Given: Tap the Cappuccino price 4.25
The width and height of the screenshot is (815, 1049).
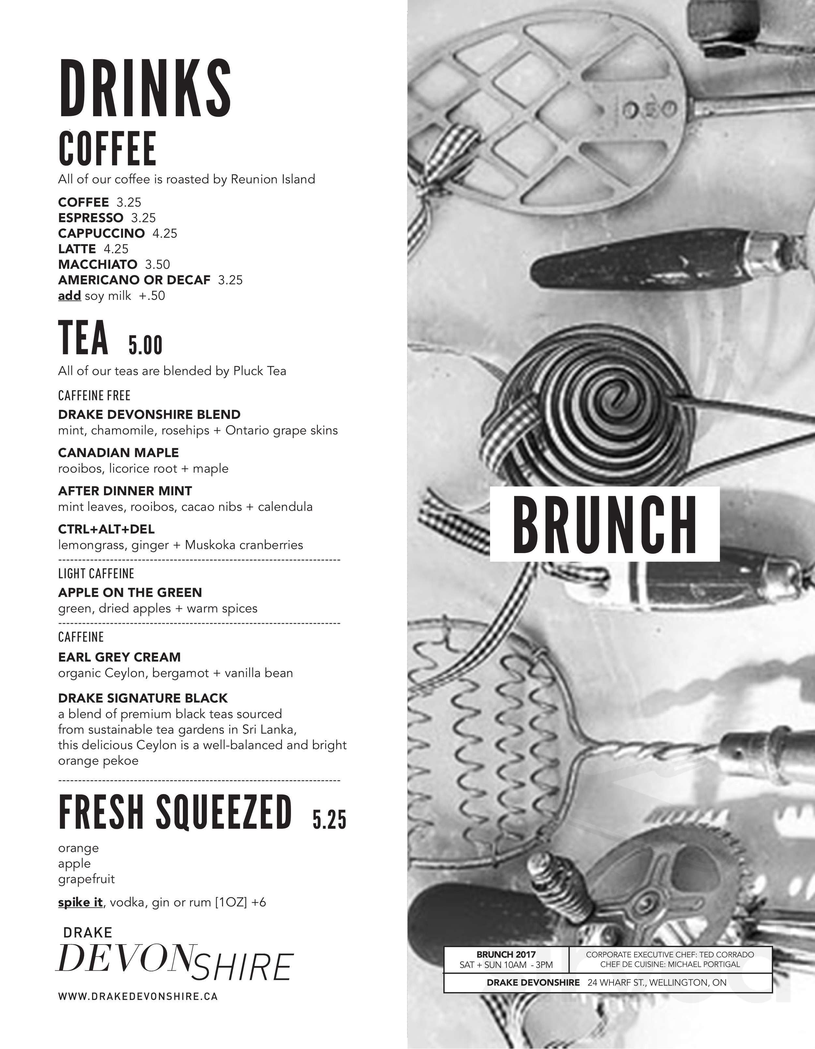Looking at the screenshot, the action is (165, 233).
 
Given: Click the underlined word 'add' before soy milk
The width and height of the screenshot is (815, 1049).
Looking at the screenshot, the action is (69, 296).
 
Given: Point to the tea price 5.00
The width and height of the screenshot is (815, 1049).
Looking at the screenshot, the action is (145, 345).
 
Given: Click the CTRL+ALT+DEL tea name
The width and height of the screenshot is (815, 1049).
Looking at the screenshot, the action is (106, 529).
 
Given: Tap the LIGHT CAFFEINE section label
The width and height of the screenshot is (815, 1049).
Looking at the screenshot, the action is (96, 574).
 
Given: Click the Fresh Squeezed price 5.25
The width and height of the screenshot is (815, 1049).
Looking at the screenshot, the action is (329, 819).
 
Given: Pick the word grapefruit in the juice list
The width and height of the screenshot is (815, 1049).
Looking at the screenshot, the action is (86, 879).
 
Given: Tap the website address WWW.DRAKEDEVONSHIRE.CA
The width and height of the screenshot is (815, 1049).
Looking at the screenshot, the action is (138, 996).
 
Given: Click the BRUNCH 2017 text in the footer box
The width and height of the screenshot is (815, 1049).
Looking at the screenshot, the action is (506, 954).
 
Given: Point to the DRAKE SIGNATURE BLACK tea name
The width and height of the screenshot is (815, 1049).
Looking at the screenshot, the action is (143, 698).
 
